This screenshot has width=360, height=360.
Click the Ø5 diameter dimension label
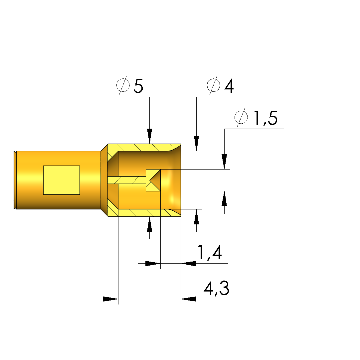[130, 86]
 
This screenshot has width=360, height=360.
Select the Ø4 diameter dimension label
[220, 86]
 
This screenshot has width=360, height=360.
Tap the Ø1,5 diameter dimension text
[256, 118]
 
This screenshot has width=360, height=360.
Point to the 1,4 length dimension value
[210, 253]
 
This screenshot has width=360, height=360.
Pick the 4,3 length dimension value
[216, 289]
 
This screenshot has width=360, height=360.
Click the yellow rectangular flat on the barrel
[62, 180]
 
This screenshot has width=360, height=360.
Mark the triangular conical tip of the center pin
[155, 180]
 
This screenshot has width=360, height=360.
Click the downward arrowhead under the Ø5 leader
[150, 136]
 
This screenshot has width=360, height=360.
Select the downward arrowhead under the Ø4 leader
[196, 144]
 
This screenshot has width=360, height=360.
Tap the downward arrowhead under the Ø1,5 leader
[225, 162]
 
